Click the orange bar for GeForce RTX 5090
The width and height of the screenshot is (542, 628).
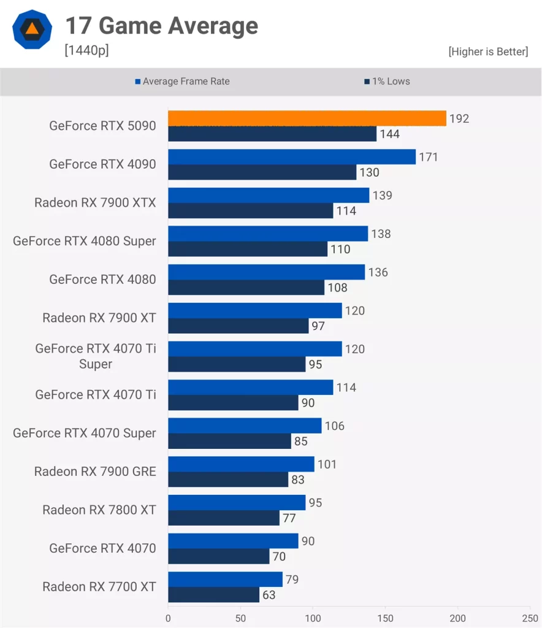pyautogui.click(x=307, y=118)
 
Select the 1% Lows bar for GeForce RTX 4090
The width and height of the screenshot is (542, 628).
pyautogui.click(x=262, y=172)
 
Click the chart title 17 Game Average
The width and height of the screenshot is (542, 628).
pyautogui.click(x=161, y=26)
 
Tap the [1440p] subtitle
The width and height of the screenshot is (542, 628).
pyautogui.click(x=86, y=50)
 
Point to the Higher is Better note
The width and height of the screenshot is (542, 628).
pyautogui.click(x=487, y=52)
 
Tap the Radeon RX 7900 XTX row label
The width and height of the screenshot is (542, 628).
pyautogui.click(x=95, y=202)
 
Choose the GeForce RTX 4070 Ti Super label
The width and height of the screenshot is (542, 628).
pyautogui.click(x=95, y=356)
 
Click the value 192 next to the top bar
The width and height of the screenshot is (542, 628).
pyautogui.click(x=459, y=118)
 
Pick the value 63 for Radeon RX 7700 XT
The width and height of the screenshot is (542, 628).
pyautogui.click(x=269, y=595)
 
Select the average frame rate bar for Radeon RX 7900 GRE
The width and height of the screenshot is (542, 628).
pyautogui.click(x=241, y=464)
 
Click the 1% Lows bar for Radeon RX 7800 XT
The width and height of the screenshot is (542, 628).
pyautogui.click(x=224, y=518)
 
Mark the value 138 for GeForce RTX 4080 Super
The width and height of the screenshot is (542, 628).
pyautogui.click(x=381, y=234)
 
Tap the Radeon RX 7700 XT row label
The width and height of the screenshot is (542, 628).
pyautogui.click(x=99, y=587)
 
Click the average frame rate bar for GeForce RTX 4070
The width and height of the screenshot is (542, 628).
pyautogui.click(x=233, y=541)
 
